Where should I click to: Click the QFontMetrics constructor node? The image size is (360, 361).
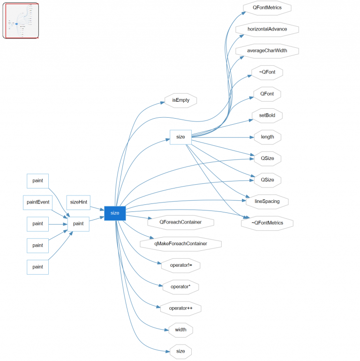coord(267,8)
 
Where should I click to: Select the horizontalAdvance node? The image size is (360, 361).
coord(267,29)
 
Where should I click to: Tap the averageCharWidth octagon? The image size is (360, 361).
coord(267,51)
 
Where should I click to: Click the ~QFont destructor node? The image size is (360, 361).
coord(267,72)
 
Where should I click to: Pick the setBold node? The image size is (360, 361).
coord(267,115)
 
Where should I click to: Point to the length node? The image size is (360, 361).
coord(267,137)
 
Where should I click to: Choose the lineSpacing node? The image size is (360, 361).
coord(267,202)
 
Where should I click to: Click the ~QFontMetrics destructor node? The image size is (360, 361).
coord(267,223)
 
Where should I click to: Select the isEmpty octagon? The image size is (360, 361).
coord(180,100)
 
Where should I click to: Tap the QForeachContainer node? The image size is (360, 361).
coord(180,222)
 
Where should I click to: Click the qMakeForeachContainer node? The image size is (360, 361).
coord(180,244)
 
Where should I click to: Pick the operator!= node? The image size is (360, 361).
coord(180,265)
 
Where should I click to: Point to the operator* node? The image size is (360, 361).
coord(180,286)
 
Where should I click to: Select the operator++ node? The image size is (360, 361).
coord(180,308)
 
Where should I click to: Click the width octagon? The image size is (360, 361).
coord(180,330)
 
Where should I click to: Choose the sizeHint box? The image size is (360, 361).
coord(78,202)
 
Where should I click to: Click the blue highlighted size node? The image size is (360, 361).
coord(115,213)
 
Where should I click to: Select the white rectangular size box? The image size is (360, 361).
coord(180,137)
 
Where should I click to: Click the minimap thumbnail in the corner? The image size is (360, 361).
coord(21,21)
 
